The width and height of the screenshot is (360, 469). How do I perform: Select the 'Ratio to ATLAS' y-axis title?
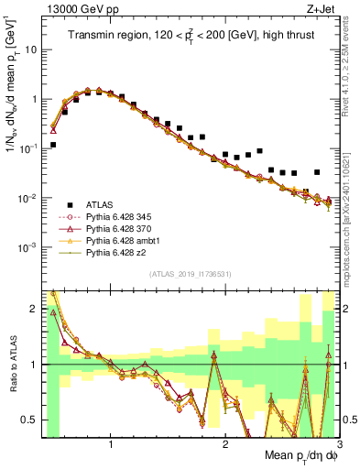pos(12,364)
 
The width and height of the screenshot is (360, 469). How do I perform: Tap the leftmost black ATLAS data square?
pos(53,145)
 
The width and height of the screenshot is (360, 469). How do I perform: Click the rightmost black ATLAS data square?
pos(317,172)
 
